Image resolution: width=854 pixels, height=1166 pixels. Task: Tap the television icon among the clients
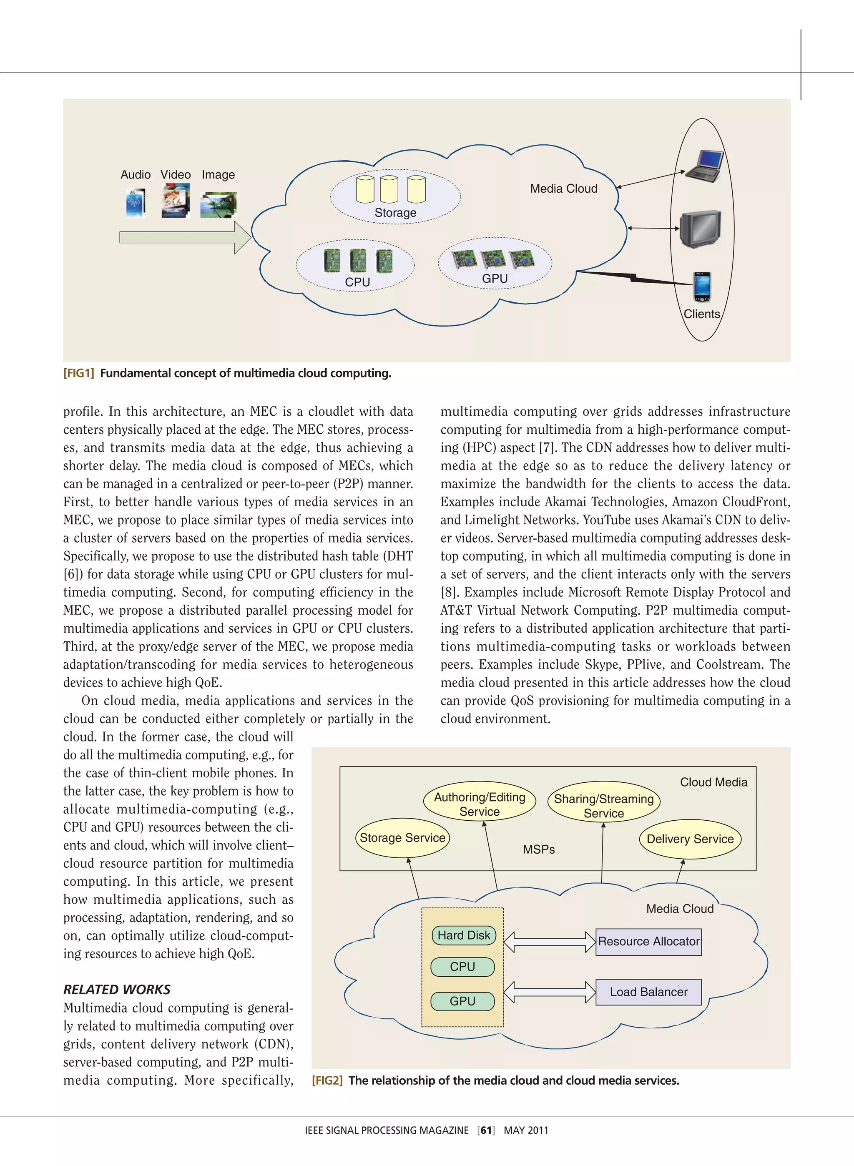pyautogui.click(x=701, y=229)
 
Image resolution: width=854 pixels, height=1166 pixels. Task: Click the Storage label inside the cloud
pyautogui.click(x=395, y=212)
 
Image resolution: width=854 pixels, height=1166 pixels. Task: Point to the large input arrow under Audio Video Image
pyautogui.click(x=185, y=237)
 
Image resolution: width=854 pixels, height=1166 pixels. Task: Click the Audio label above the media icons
pyautogui.click(x=136, y=175)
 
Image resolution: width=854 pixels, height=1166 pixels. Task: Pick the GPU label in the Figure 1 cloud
pyautogui.click(x=494, y=279)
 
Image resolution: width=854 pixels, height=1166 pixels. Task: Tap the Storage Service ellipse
pyautogui.click(x=402, y=838)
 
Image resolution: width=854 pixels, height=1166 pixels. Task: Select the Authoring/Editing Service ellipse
pyautogui.click(x=479, y=804)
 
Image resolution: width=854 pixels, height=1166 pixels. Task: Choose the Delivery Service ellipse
pyautogui.click(x=690, y=839)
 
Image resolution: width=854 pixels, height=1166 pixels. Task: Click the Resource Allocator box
pyautogui.click(x=648, y=941)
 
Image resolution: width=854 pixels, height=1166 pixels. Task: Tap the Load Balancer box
pyautogui.click(x=648, y=992)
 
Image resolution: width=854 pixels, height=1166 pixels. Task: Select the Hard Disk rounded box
pyautogui.click(x=463, y=935)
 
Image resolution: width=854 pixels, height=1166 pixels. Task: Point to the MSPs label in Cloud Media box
pyautogui.click(x=539, y=849)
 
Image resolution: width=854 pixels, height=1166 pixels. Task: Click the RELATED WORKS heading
pyautogui.click(x=117, y=989)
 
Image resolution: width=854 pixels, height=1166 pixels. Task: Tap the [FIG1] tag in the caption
pyautogui.click(x=78, y=373)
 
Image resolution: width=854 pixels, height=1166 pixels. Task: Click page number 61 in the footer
pyautogui.click(x=486, y=1130)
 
